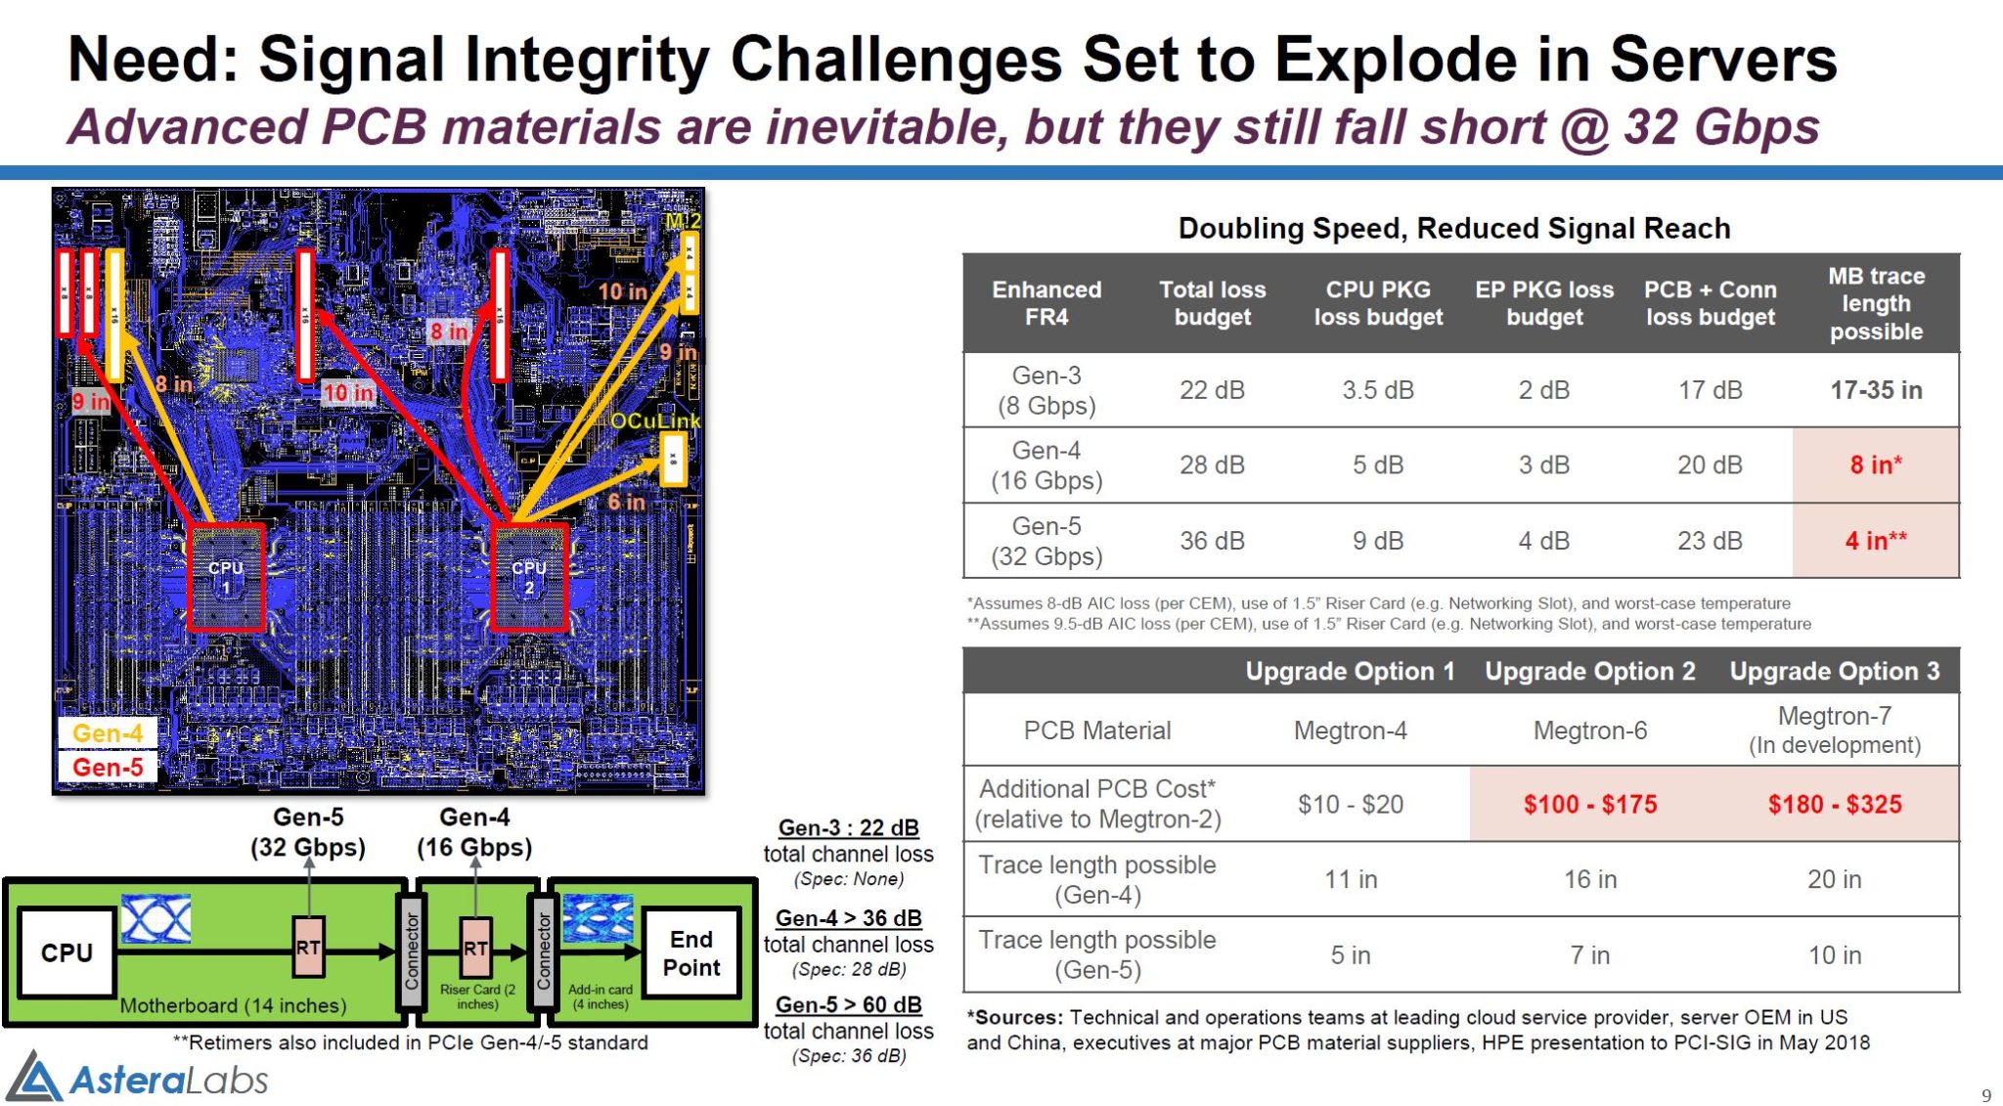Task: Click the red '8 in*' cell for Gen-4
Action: pyautogui.click(x=1875, y=465)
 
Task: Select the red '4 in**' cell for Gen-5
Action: pyautogui.click(x=1875, y=540)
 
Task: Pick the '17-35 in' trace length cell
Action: pyautogui.click(x=1875, y=390)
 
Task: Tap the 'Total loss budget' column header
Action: pyautogui.click(x=1212, y=303)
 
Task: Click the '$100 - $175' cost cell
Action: pyautogui.click(x=1589, y=804)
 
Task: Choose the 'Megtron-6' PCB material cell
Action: pyautogui.click(x=1589, y=730)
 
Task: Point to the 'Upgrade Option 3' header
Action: pyautogui.click(x=1834, y=671)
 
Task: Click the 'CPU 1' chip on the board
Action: pyautogui.click(x=226, y=577)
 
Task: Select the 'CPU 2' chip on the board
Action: pyautogui.click(x=529, y=577)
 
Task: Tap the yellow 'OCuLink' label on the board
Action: pyautogui.click(x=654, y=421)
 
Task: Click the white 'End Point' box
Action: pyautogui.click(x=691, y=953)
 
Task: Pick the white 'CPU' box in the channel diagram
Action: pyautogui.click(x=67, y=952)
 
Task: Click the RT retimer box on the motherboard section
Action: pyautogui.click(x=308, y=947)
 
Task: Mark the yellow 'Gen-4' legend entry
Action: pyautogui.click(x=108, y=732)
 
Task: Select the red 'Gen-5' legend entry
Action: pyautogui.click(x=108, y=767)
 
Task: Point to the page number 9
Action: pyautogui.click(x=1985, y=1095)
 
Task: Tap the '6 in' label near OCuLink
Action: pyautogui.click(x=626, y=502)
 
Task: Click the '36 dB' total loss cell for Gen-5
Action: pyautogui.click(x=1212, y=541)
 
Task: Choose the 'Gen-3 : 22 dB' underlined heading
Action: pyautogui.click(x=848, y=827)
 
